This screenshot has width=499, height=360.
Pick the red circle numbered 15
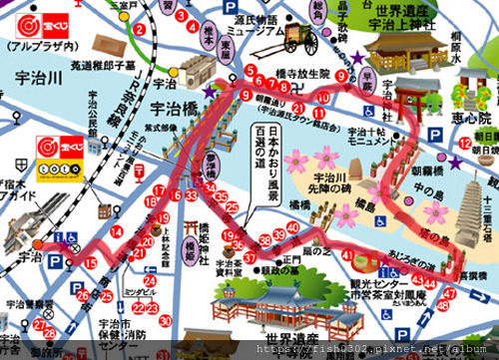click(x=91, y=263)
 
